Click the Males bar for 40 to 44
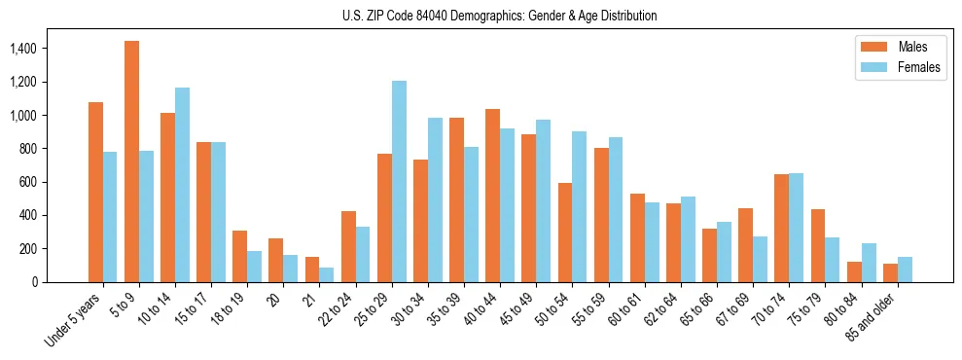[x=492, y=196]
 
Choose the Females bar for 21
[x=327, y=274]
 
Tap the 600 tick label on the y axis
[x=29, y=182]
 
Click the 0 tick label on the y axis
[x=35, y=282]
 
